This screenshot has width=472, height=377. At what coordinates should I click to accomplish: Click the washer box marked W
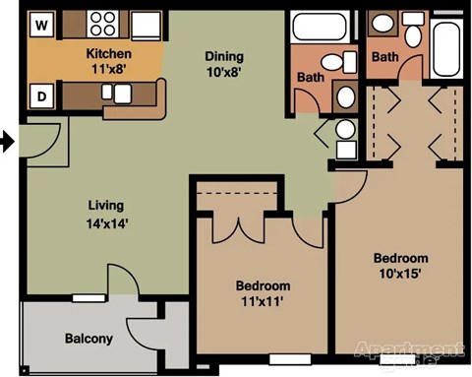tap(42, 23)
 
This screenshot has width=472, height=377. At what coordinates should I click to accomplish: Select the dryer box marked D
tap(42, 96)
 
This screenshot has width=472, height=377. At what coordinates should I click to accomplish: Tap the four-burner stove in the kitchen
tap(102, 24)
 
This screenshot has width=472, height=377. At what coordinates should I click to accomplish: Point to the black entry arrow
tap(7, 143)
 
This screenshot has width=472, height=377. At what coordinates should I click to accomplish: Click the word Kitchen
tap(109, 53)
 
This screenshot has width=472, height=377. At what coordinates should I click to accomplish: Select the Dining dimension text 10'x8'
tap(222, 71)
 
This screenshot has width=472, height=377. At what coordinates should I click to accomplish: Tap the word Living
tap(104, 206)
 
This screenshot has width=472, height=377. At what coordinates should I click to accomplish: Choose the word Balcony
tap(88, 339)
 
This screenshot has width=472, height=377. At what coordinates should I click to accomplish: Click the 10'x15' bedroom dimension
tap(400, 274)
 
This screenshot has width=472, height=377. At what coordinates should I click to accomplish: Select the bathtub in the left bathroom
tap(319, 27)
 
